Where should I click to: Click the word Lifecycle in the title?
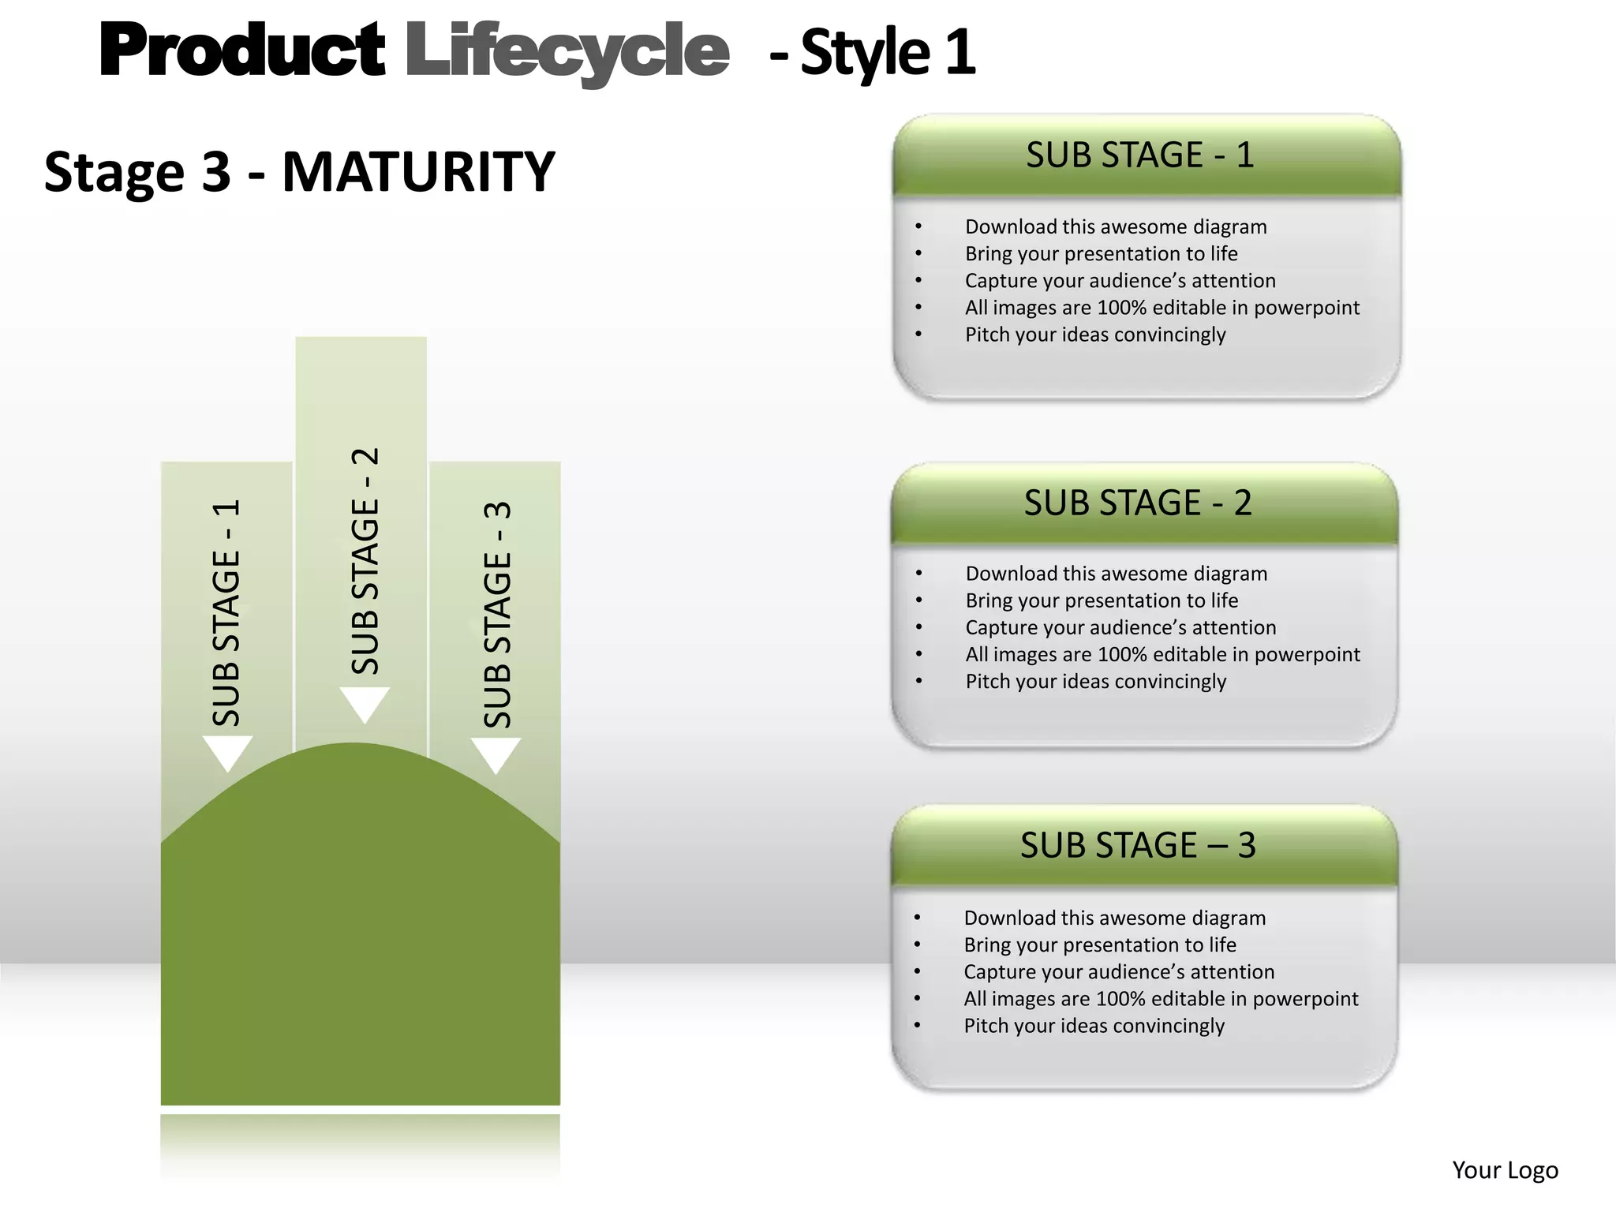[567, 52]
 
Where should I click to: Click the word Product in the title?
[241, 50]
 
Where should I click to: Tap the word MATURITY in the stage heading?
[418, 171]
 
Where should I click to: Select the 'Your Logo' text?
[1505, 1170]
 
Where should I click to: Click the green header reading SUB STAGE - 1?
[1139, 155]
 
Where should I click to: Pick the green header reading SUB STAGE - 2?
[1138, 503]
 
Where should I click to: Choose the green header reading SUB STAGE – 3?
[1138, 846]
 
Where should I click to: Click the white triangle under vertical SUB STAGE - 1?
[227, 751]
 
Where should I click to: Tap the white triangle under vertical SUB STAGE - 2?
[365, 702]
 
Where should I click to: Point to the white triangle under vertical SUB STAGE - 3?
[496, 753]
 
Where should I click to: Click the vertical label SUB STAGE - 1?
[226, 612]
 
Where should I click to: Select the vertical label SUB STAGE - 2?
[365, 561]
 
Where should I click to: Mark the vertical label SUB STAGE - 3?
[497, 614]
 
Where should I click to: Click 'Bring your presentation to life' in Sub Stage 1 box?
[1101, 254]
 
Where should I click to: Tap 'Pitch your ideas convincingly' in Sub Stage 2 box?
[1095, 682]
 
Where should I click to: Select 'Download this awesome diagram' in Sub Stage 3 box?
[1114, 918]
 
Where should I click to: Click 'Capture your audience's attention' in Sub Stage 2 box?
[1120, 628]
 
